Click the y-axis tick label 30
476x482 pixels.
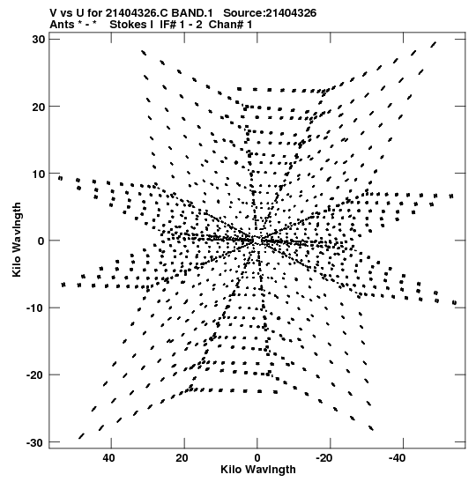pyautogui.click(x=38, y=40)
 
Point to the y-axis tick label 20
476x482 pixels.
pyautogui.click(x=38, y=107)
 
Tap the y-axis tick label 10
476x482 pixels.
pyautogui.click(x=38, y=174)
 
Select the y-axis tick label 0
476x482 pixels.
pyautogui.click(x=41, y=241)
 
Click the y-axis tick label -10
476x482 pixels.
pyautogui.click(x=35, y=308)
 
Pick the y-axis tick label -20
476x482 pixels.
pyautogui.click(x=35, y=375)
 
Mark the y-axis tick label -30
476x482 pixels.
pyautogui.click(x=35, y=442)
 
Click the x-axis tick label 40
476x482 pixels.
pyautogui.click(x=108, y=458)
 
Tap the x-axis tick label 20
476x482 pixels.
pyautogui.click(x=182, y=458)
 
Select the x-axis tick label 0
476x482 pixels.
pyautogui.click(x=257, y=458)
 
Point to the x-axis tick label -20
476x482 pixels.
pyautogui.click(x=324, y=458)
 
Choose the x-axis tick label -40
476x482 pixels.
pyautogui.click(x=398, y=458)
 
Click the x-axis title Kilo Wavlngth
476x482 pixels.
pyautogui.click(x=258, y=470)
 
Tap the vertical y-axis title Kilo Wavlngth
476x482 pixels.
pyautogui.click(x=17, y=240)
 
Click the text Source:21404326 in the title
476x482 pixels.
pyautogui.click(x=270, y=13)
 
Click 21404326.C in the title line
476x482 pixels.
pyautogui.click(x=137, y=13)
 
